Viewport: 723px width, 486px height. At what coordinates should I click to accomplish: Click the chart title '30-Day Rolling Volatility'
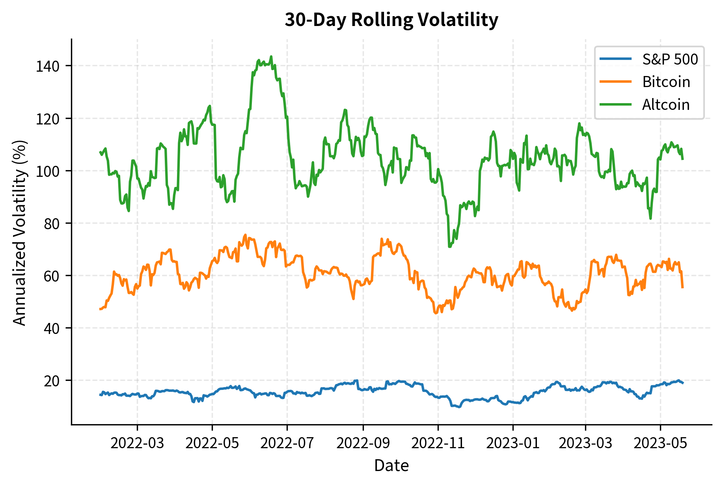391,20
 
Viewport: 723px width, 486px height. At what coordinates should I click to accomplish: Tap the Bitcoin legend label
666,82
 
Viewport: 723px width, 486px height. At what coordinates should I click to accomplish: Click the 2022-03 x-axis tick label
137,443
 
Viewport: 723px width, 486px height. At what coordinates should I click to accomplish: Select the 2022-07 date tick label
287,443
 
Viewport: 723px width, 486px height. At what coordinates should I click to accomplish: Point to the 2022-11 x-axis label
438,443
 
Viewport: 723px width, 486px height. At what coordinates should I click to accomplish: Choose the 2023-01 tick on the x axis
513,443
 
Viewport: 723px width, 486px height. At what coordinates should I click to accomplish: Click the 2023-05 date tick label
661,443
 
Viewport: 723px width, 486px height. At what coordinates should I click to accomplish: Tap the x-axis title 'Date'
391,466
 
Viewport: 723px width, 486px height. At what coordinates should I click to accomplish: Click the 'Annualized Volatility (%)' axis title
19,232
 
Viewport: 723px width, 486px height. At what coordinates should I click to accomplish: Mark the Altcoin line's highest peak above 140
271,56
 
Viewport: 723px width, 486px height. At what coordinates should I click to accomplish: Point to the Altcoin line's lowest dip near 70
449,247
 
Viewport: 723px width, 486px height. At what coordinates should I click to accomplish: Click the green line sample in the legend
615,105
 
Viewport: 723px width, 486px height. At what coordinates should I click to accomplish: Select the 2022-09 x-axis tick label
363,443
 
